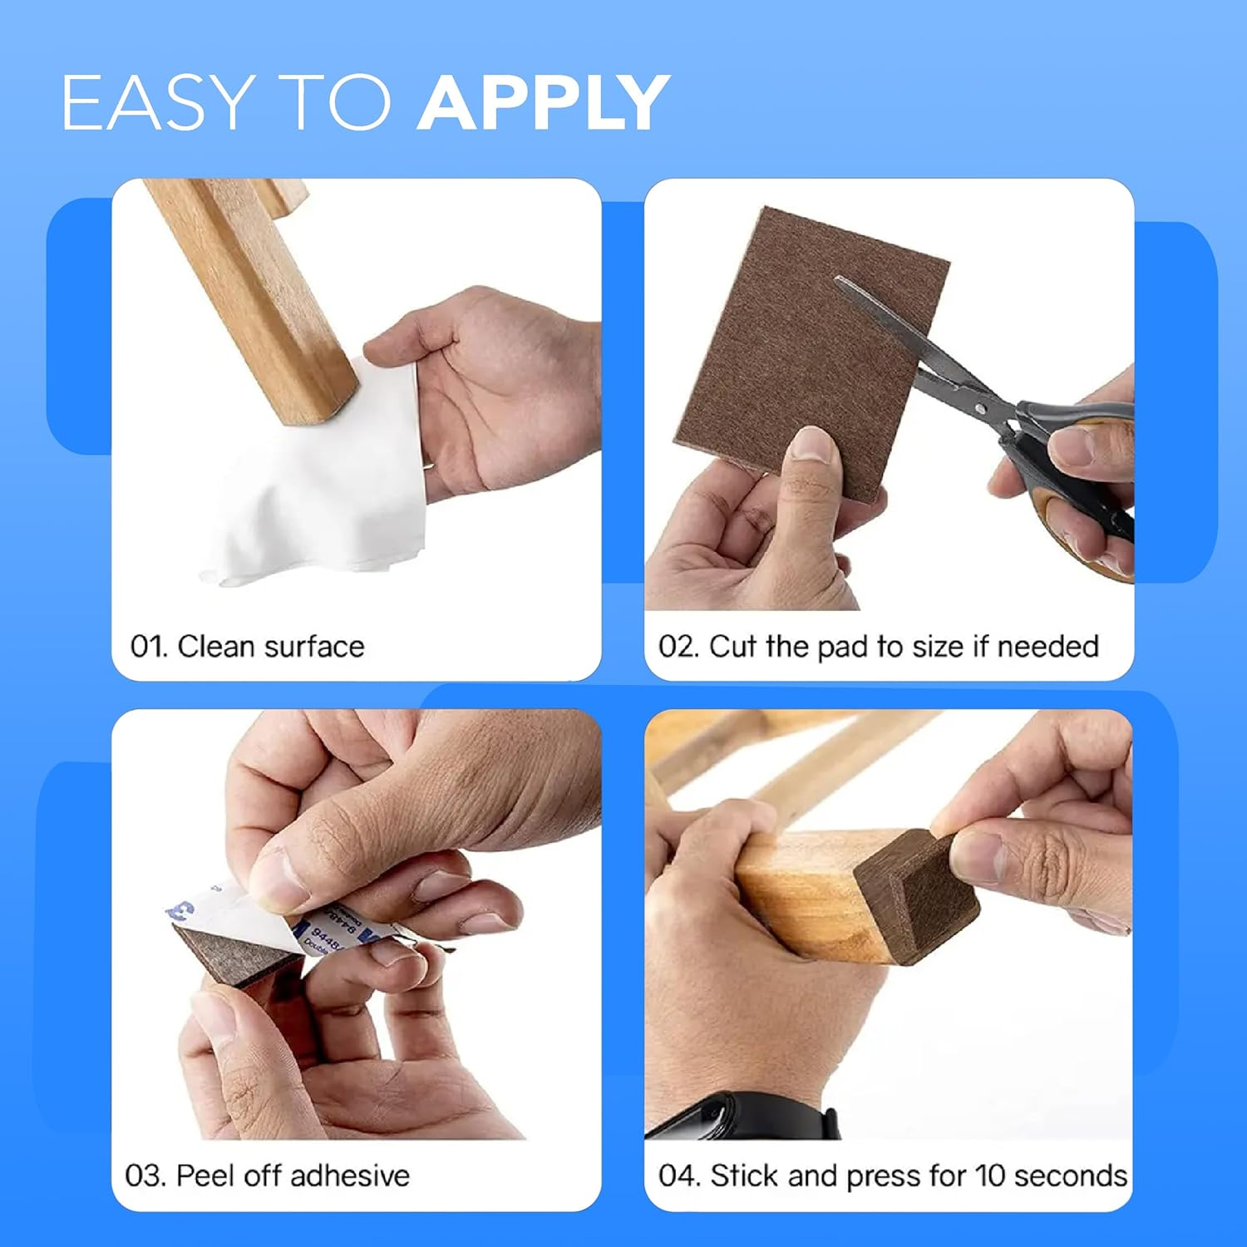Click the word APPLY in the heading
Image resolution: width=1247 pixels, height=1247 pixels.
[x=544, y=102]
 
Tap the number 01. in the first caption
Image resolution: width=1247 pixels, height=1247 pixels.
[x=149, y=647]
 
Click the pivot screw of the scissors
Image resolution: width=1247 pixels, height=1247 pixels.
[x=982, y=408]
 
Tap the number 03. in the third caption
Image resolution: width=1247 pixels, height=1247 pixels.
[x=146, y=1176]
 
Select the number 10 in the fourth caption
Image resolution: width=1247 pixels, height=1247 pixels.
[x=990, y=1176]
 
